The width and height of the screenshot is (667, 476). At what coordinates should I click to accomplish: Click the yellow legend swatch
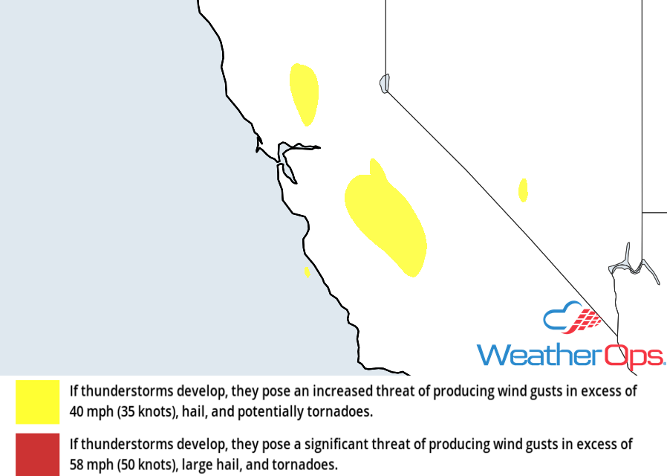(37, 402)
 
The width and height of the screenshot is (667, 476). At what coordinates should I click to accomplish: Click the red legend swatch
(37, 454)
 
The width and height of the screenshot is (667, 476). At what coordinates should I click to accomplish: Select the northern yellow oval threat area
(304, 93)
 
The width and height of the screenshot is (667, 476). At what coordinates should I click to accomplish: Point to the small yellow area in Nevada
(523, 190)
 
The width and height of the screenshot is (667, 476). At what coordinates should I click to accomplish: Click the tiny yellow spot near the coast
(307, 272)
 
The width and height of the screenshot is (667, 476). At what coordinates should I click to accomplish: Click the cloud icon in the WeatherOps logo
(572, 320)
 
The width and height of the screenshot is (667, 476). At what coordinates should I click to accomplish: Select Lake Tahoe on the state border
(384, 83)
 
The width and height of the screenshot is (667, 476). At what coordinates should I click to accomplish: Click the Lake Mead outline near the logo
(631, 264)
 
